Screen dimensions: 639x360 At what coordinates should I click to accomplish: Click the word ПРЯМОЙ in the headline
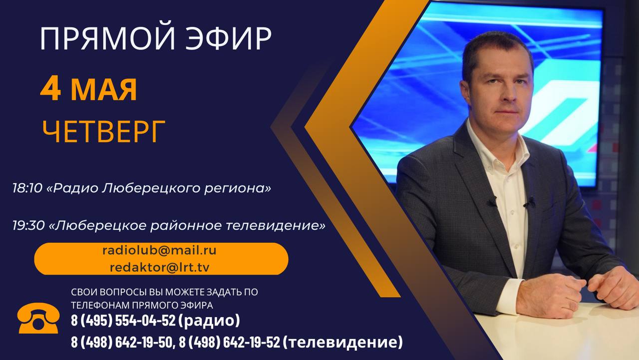tap(107, 39)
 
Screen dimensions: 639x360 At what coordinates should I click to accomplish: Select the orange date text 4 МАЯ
tap(88, 89)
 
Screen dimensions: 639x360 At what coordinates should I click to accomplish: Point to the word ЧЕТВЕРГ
tap(103, 131)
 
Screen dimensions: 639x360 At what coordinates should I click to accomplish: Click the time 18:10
tap(27, 188)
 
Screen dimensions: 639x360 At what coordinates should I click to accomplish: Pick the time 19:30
tap(28, 226)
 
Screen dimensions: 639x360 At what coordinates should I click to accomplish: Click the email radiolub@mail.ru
tap(159, 251)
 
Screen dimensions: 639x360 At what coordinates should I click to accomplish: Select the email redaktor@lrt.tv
tap(159, 267)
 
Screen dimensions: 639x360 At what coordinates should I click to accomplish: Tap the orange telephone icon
tap(38, 318)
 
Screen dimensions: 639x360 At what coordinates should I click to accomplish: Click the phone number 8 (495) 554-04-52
tap(123, 321)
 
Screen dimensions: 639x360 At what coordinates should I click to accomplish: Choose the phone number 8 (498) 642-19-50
tap(121, 342)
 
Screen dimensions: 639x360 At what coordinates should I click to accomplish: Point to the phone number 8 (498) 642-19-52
tap(230, 342)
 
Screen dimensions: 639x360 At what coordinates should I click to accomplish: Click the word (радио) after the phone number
tap(209, 321)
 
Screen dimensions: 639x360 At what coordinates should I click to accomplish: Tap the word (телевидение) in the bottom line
tap(343, 343)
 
